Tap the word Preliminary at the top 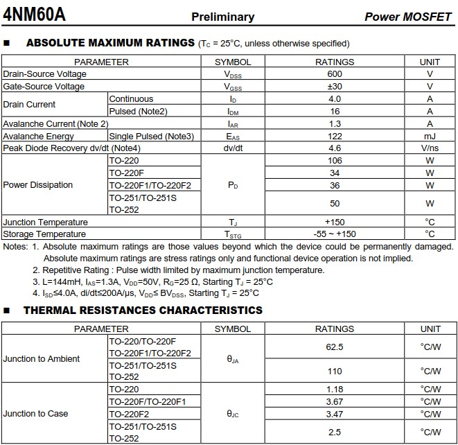coord(222,17)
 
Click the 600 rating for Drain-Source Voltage coord(335,74)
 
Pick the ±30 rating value coord(335,87)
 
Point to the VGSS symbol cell coord(233,87)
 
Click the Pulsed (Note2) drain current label coord(138,112)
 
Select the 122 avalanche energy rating coord(335,137)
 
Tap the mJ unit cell coord(430,137)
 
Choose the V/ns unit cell coord(430,148)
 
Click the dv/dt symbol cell coord(233,148)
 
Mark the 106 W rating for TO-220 coord(335,161)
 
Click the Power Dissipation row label coord(38,185)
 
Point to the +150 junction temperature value coord(335,222)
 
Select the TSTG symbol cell coord(233,234)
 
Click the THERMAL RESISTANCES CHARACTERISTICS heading coord(143,311)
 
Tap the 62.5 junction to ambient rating coord(335,347)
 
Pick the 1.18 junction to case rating coord(335,390)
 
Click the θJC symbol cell coord(233,414)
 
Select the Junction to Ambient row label coord(42,359)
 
